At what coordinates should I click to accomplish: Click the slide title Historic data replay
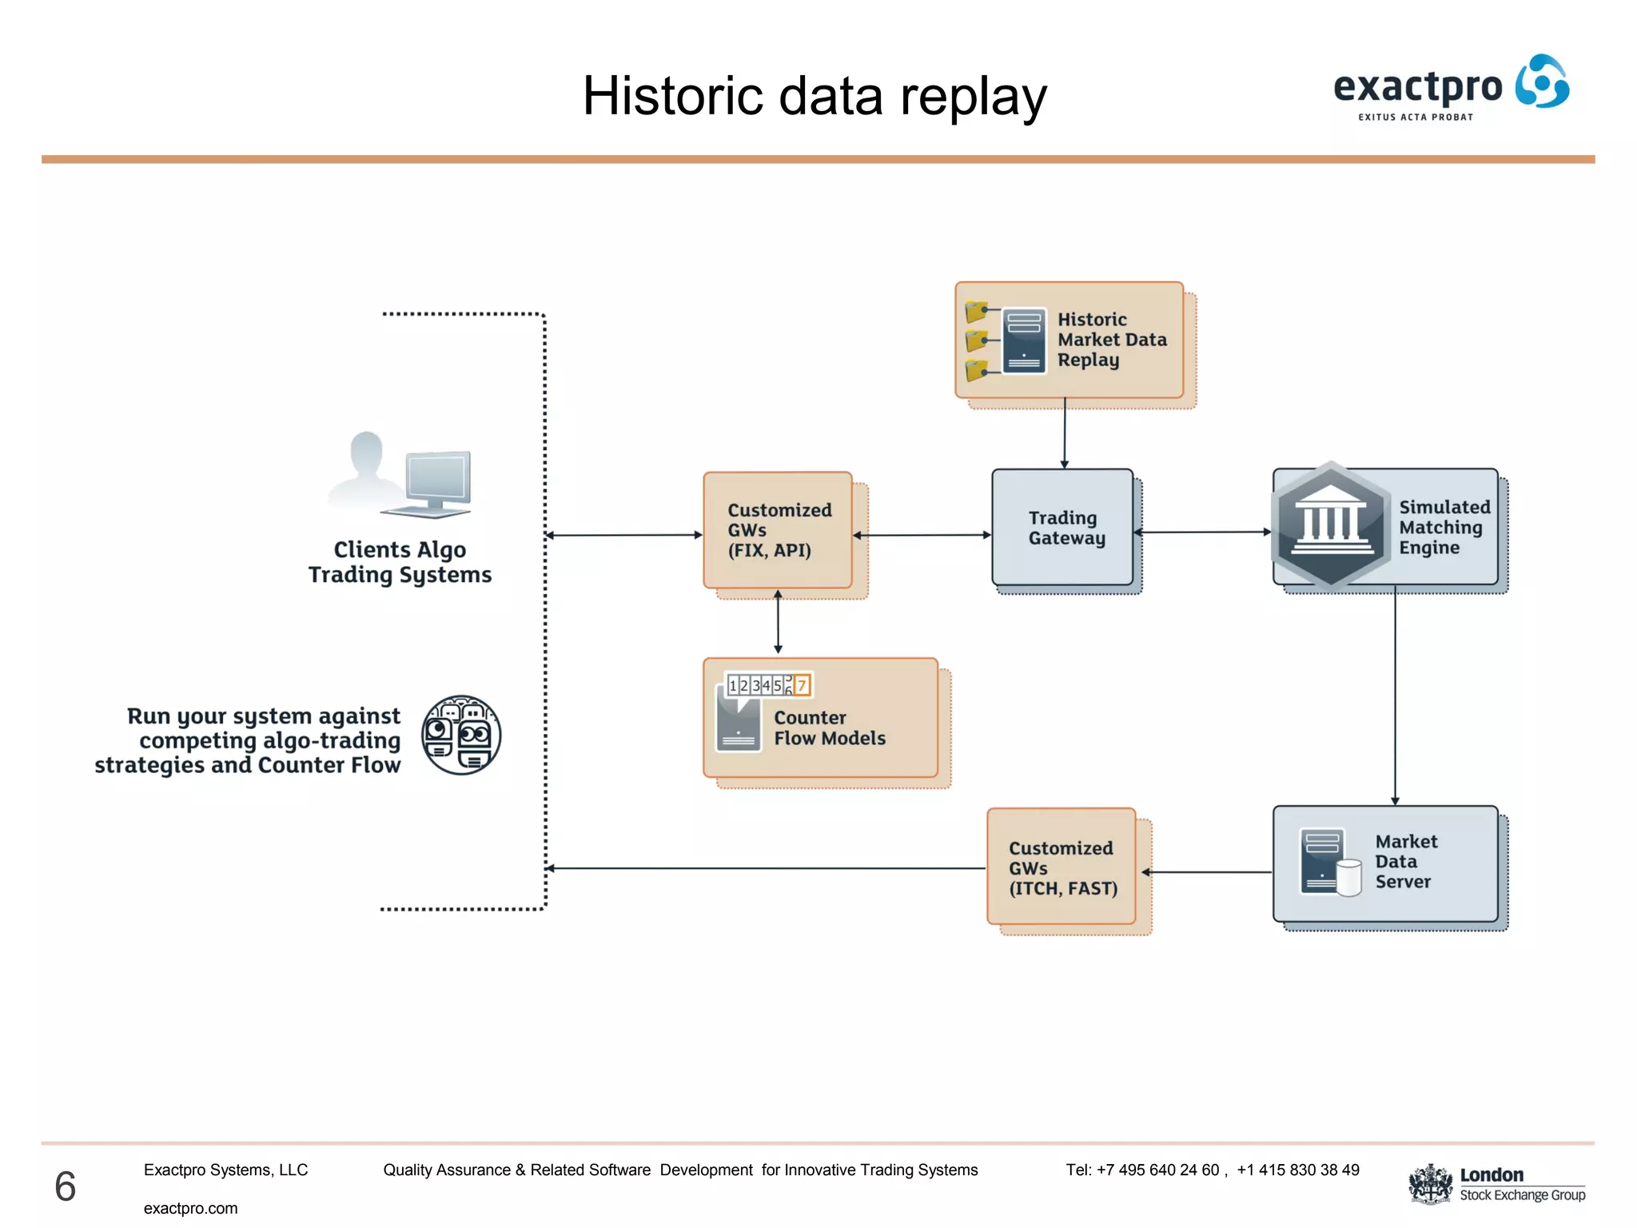click(814, 97)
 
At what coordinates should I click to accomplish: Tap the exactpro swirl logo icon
click(1542, 82)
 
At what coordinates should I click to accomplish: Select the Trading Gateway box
click(1062, 528)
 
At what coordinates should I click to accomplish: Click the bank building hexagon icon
click(1330, 525)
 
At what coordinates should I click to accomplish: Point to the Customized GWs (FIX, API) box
click(778, 530)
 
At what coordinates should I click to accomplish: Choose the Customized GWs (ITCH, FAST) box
click(1061, 867)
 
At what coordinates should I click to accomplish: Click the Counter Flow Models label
click(829, 728)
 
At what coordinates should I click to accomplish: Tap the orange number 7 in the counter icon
click(802, 685)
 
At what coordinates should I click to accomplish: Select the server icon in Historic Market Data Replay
click(1023, 341)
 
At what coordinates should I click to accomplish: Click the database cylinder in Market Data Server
click(1349, 878)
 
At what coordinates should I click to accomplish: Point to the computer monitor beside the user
click(437, 480)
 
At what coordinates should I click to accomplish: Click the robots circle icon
click(461, 735)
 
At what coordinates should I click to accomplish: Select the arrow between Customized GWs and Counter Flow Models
click(778, 622)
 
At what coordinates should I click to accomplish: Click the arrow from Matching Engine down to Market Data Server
click(1395, 696)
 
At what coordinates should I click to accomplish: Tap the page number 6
click(66, 1186)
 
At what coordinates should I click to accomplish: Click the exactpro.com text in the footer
click(190, 1208)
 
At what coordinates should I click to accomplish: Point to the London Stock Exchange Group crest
click(1430, 1184)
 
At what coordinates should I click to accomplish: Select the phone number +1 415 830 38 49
click(1297, 1170)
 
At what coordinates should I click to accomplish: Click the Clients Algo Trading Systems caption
click(400, 562)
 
